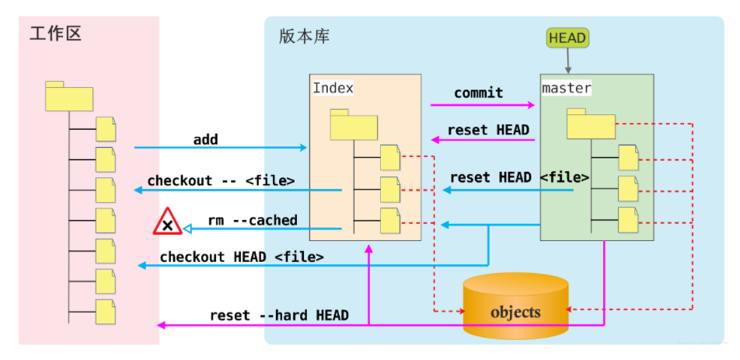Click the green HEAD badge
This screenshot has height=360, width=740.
(x=567, y=38)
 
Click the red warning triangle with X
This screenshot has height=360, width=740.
(x=167, y=222)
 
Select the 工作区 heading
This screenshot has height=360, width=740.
(x=55, y=33)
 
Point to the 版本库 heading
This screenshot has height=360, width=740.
(x=305, y=37)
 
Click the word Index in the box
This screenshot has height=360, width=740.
(x=333, y=88)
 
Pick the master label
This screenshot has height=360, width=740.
(x=567, y=88)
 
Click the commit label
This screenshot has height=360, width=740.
(x=479, y=93)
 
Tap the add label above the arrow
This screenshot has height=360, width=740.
(x=205, y=139)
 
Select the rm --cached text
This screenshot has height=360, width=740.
(x=253, y=220)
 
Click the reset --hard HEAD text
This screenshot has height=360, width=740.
(x=279, y=316)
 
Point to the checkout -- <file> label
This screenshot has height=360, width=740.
(x=221, y=180)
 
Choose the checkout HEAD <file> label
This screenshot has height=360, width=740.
(x=242, y=257)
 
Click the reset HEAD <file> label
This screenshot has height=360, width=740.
(x=519, y=177)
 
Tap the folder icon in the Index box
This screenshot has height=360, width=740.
(x=354, y=124)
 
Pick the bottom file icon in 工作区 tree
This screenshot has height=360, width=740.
(x=106, y=311)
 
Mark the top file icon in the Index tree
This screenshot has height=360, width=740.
(x=390, y=158)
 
